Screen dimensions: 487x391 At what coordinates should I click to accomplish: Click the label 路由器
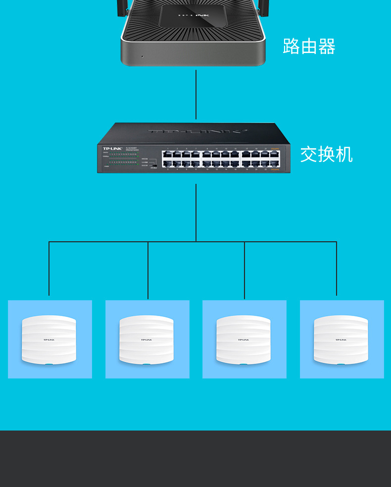309,47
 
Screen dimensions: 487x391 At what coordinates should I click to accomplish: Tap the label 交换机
326,154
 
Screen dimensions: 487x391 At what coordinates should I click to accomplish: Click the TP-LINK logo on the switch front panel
112,149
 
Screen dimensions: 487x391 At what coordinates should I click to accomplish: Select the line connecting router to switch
196,94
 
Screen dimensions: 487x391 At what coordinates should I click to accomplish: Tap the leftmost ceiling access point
49,340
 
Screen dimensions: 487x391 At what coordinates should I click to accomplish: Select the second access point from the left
147,340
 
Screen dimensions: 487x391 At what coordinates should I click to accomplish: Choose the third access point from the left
244,340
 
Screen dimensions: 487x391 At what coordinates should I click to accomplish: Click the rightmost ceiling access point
341,340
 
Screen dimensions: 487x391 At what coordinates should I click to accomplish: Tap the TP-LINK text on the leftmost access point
49,340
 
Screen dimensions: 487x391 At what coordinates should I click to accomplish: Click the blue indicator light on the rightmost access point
341,365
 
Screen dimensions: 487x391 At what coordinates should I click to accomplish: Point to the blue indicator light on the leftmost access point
49,365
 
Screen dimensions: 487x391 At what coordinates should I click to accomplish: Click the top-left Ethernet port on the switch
167,154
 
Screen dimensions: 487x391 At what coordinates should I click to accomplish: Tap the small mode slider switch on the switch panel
154,165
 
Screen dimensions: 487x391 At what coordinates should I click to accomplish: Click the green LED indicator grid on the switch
123,158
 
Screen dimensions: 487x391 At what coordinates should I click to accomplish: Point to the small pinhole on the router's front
142,56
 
